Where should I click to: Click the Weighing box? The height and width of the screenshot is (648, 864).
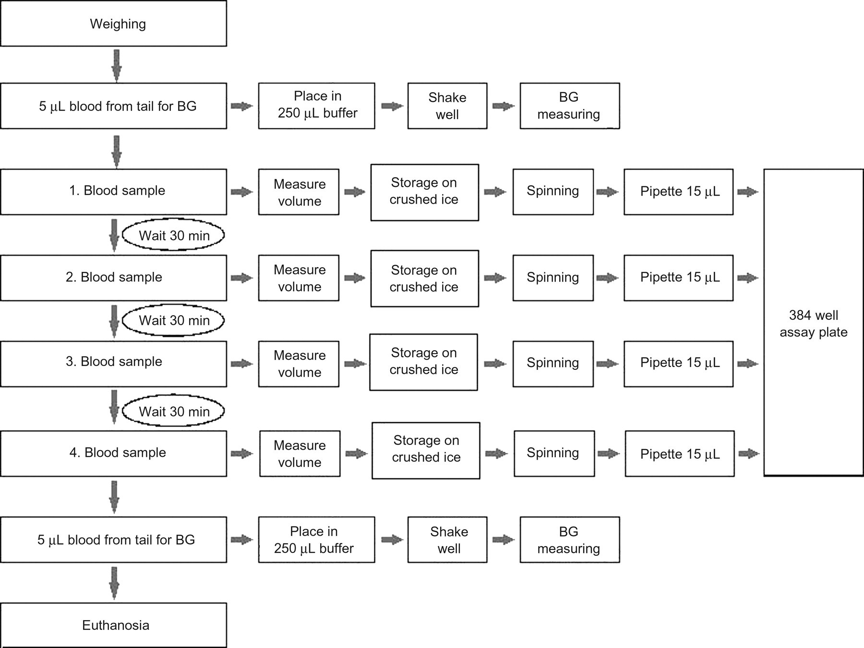tap(113, 24)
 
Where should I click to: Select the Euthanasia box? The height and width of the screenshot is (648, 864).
tap(113, 625)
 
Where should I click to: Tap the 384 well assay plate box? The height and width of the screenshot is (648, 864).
tap(814, 322)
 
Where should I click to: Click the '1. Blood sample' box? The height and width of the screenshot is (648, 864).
tap(113, 191)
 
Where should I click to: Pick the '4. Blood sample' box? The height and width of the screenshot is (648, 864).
tap(113, 453)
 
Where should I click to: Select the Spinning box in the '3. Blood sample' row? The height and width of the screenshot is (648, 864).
tap(553, 364)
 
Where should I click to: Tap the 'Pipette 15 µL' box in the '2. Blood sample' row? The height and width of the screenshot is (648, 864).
tap(678, 278)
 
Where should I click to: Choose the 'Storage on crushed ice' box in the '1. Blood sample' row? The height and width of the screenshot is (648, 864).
tap(424, 192)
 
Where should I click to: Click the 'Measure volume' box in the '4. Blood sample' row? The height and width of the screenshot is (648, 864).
tap(300, 453)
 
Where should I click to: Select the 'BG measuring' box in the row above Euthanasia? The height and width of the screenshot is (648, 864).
tap(570, 539)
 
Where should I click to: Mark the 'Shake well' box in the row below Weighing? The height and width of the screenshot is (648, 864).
tap(447, 106)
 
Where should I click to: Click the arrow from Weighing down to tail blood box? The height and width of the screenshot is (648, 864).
tap(116, 65)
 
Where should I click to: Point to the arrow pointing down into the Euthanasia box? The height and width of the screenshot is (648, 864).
tap(114, 583)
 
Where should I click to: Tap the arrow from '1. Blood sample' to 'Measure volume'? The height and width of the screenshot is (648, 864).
tap(242, 192)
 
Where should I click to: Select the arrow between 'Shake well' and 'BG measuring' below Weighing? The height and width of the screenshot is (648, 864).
tap(504, 106)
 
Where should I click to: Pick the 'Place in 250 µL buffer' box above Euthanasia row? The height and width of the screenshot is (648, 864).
tap(316, 539)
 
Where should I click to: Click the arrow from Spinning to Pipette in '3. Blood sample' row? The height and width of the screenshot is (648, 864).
tap(608, 364)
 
